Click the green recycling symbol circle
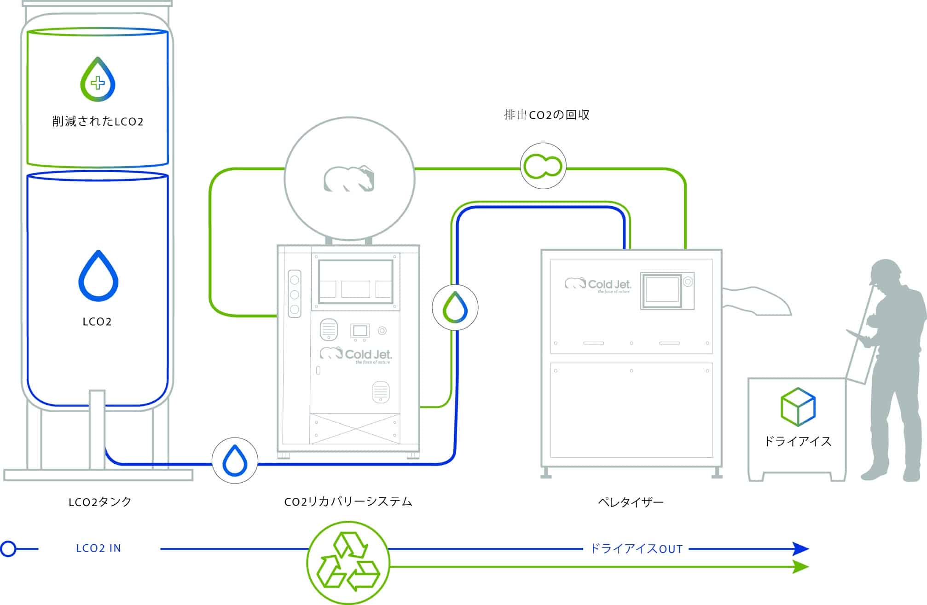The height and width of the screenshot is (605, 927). coord(348,562)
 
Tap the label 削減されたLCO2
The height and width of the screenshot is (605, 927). coord(98,121)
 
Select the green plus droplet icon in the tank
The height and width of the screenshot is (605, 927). coord(98,80)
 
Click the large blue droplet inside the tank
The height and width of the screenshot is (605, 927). coord(98,276)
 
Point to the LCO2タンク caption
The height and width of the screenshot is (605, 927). coord(100,501)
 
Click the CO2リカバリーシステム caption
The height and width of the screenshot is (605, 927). coord(348,501)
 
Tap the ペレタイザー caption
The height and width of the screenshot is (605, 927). coord(631,502)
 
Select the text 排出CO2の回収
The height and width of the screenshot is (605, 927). coord(546,115)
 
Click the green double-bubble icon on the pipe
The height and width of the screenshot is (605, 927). coord(543,166)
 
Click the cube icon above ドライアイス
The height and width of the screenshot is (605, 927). coord(798,407)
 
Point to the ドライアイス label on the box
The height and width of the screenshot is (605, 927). coord(798,442)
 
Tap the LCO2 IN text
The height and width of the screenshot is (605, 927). coord(98,548)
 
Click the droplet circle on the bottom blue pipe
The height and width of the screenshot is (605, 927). coord(235,460)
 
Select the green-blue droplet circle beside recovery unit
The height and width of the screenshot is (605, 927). coord(455,307)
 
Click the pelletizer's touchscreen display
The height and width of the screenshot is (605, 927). coord(661,291)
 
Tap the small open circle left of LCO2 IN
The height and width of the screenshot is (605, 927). coord(8,548)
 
